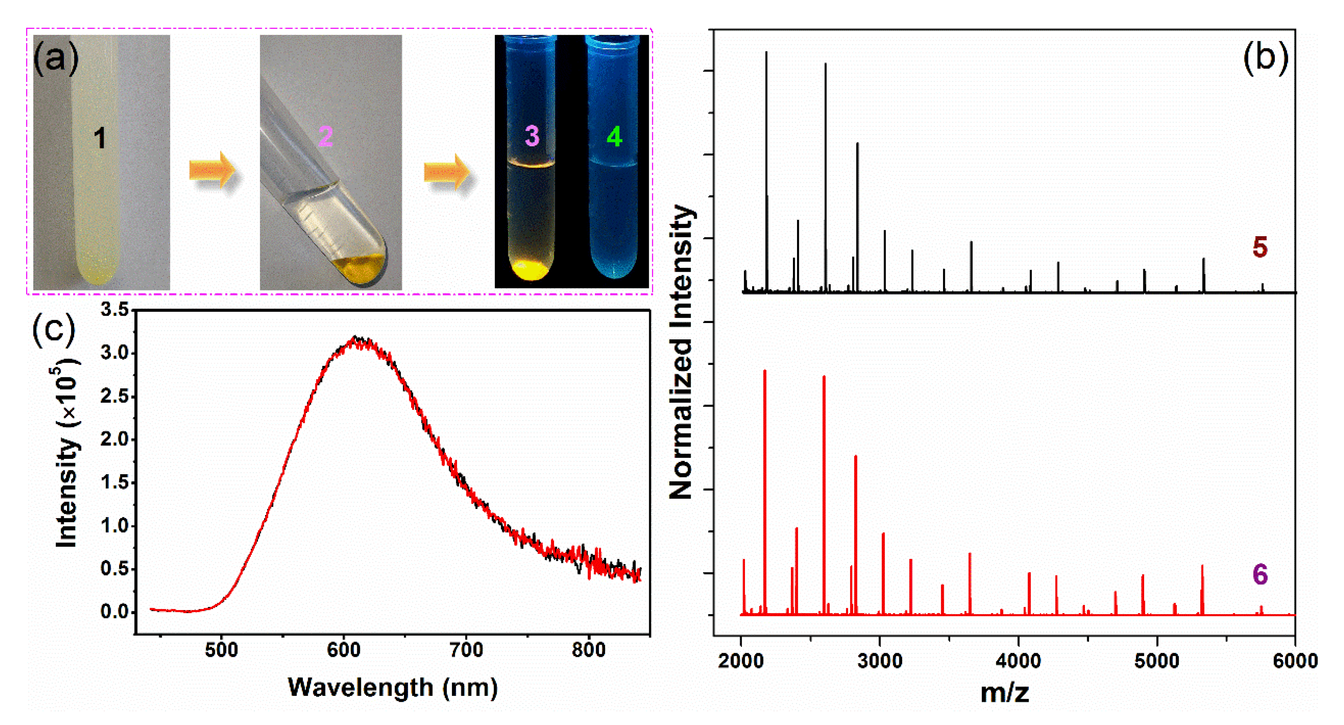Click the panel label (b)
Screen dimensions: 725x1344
coord(1265,57)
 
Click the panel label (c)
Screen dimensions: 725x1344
coord(54,330)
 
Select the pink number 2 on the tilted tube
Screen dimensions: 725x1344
coord(326,137)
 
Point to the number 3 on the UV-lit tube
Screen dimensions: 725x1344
coord(532,135)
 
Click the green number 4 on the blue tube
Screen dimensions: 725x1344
coord(614,137)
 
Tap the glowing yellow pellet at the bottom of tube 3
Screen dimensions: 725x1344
coord(530,271)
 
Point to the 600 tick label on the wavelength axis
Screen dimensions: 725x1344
coord(343,651)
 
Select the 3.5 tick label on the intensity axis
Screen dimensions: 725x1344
coord(114,310)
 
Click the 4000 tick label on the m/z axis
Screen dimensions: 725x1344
coord(1018,661)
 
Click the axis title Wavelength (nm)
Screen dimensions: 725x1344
coord(392,688)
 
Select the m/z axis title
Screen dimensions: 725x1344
coord(1004,693)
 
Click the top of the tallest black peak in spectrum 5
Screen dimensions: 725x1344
coord(766,52)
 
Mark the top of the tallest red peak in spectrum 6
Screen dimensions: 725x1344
coord(765,371)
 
